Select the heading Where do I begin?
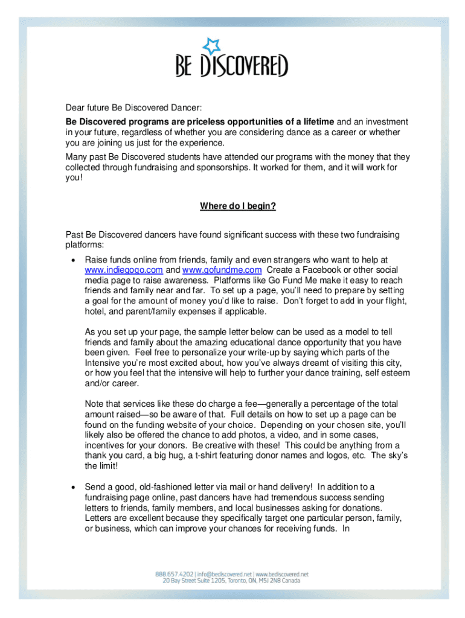pyautogui.click(x=238, y=206)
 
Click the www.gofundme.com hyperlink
pyautogui.click(x=222, y=270)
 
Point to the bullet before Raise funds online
pyautogui.click(x=73, y=260)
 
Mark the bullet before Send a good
pyautogui.click(x=73, y=487)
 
